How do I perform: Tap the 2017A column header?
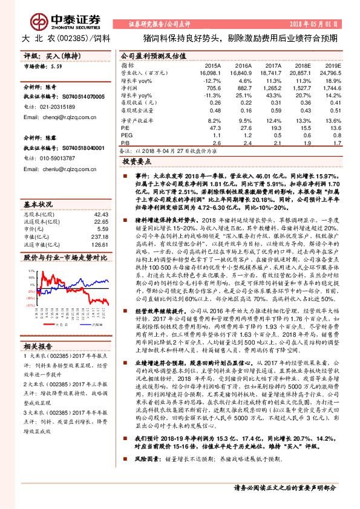pos(273,65)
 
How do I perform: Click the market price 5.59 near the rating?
pos(57,65)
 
